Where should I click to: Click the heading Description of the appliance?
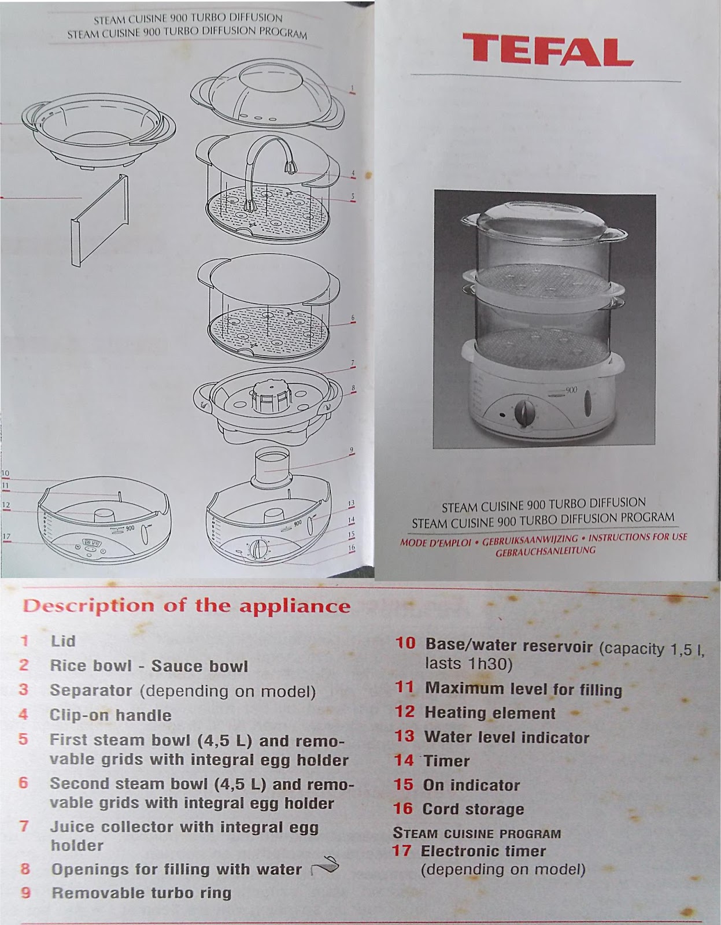click(186, 606)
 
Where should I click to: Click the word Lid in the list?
click(63, 641)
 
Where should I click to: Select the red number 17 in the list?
click(401, 851)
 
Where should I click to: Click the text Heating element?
click(490, 713)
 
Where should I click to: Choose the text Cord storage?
click(473, 809)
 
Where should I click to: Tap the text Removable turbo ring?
click(141, 893)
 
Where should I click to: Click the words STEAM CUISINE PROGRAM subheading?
click(476, 834)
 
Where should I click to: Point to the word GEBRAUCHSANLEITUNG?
click(545, 551)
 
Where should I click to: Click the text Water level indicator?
click(506, 738)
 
